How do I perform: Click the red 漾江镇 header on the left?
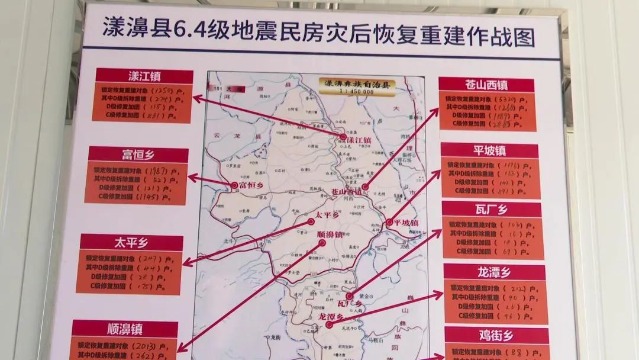(x=144, y=76)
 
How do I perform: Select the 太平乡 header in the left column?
(x=131, y=242)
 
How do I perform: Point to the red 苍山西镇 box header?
(x=486, y=85)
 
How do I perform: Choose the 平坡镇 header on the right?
(x=489, y=150)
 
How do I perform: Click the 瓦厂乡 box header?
(x=492, y=210)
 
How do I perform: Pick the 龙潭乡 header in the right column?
(x=494, y=272)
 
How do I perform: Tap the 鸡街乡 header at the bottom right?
(x=496, y=336)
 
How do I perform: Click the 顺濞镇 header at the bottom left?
(x=125, y=329)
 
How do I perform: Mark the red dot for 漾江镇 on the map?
(x=343, y=137)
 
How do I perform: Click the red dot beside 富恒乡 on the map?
(x=234, y=185)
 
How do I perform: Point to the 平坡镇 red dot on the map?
(x=389, y=223)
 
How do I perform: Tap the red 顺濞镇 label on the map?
(x=330, y=234)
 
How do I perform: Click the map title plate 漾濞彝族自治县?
(x=355, y=84)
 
